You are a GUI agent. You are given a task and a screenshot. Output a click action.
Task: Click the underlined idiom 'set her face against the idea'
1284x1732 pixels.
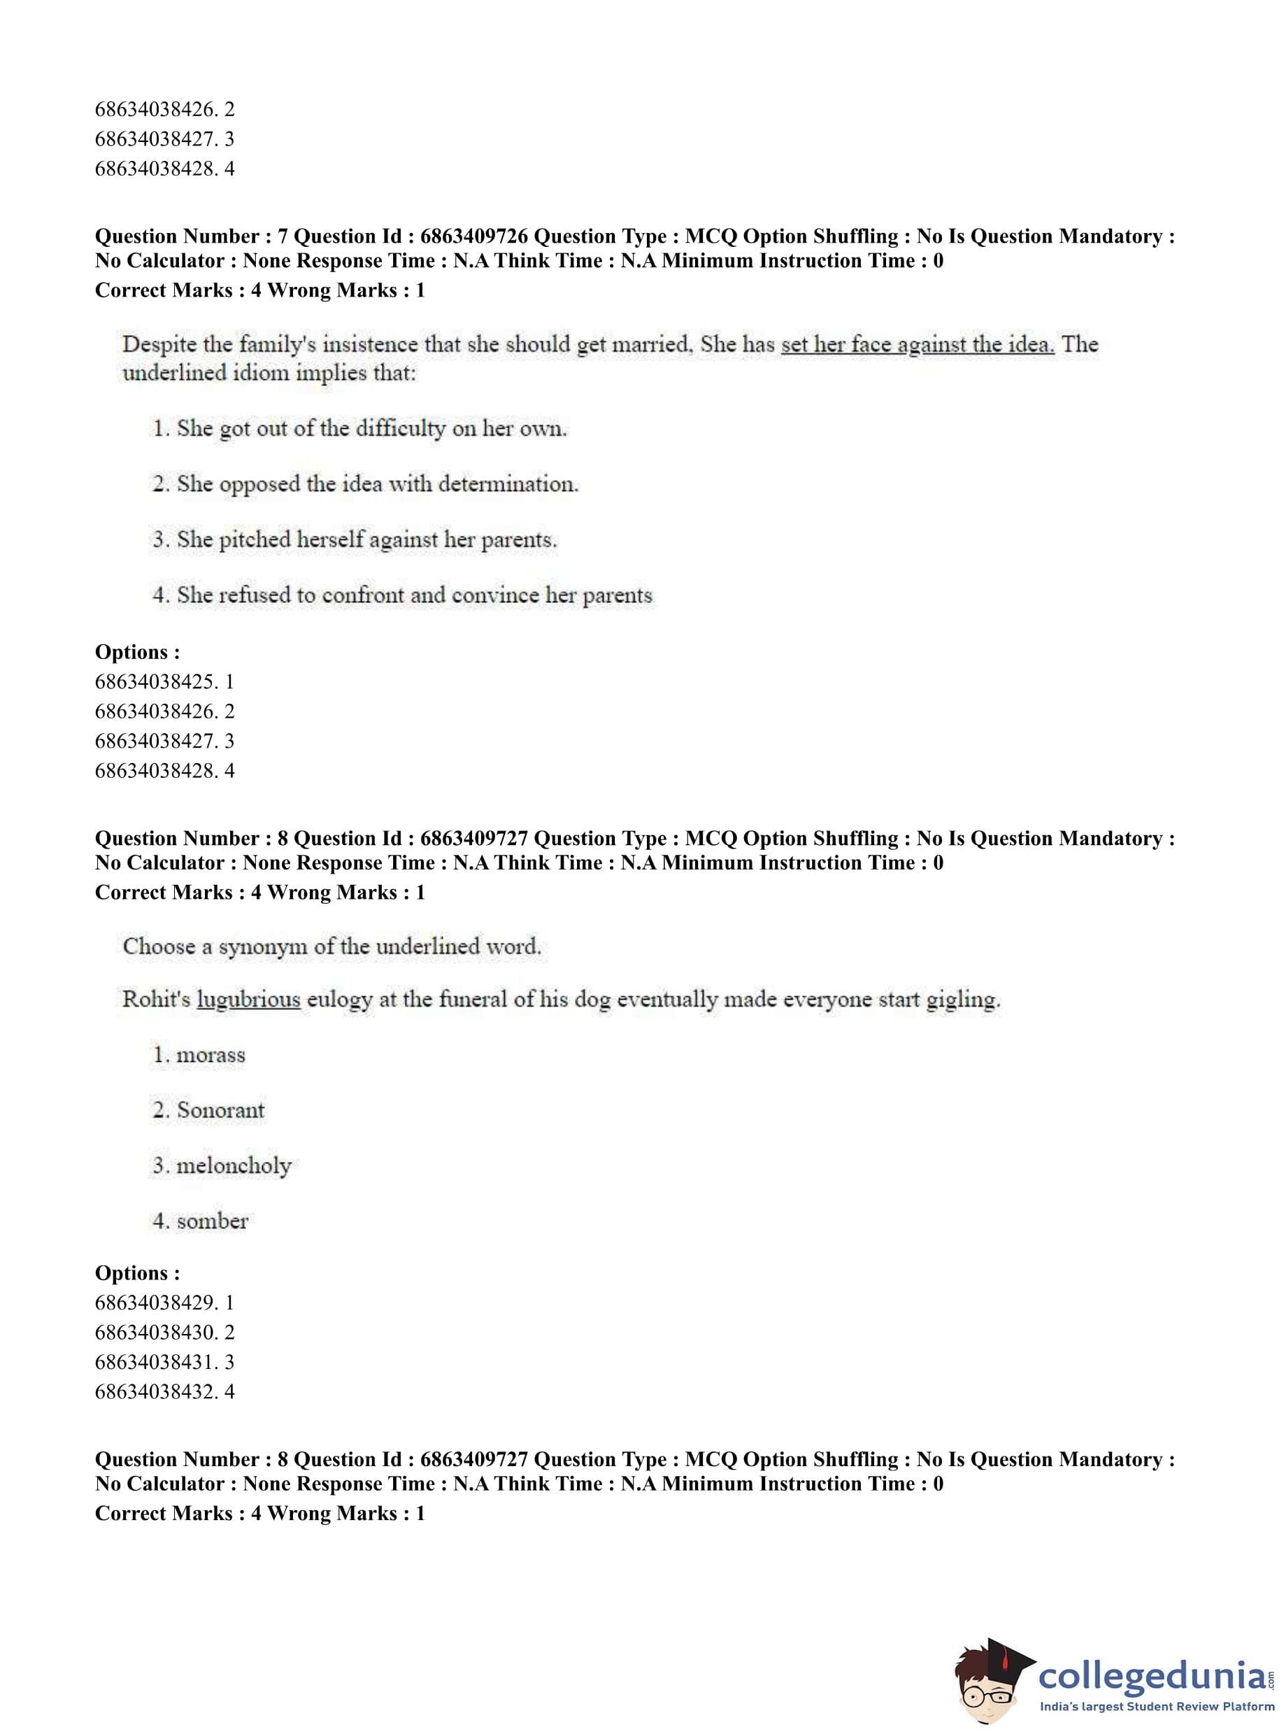point(917,344)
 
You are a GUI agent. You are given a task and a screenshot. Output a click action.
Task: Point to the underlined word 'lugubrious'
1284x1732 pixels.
point(249,999)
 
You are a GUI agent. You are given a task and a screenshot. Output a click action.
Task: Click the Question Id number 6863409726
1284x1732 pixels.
point(474,236)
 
